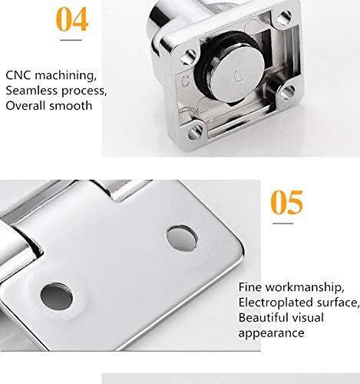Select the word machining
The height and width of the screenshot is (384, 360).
tap(68, 76)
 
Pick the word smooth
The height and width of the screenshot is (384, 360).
tap(74, 105)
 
